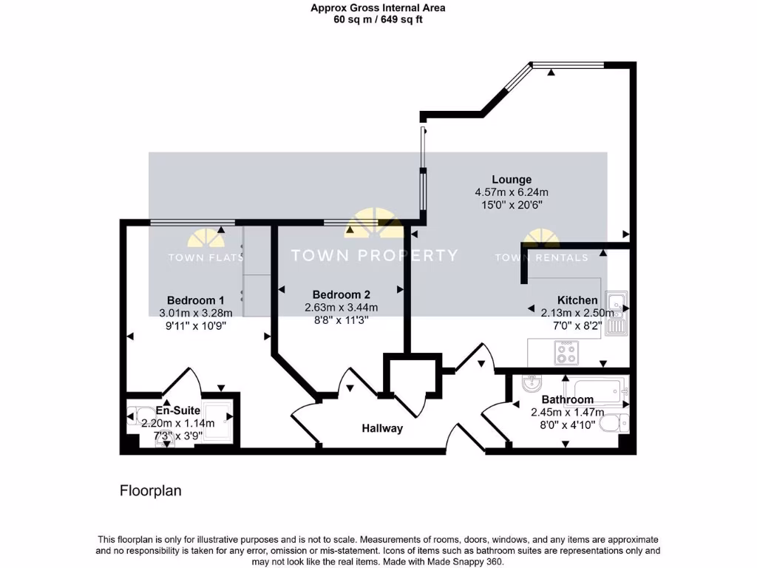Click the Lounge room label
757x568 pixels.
point(512,180)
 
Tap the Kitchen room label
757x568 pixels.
point(577,300)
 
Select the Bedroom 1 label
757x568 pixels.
point(195,300)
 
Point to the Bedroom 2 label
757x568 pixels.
point(341,294)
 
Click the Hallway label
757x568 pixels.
point(382,428)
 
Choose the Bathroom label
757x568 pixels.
point(567,399)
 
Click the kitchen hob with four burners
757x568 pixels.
point(567,353)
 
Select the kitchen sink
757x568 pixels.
point(615,314)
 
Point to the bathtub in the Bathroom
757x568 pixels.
point(596,387)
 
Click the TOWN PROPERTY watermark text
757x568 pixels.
point(374,256)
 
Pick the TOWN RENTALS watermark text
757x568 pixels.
point(541,258)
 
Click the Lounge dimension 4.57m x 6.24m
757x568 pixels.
point(512,192)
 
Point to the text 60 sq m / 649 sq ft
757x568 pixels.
point(378,20)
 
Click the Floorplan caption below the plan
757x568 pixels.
point(151,490)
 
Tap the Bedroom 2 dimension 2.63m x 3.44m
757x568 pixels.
point(341,308)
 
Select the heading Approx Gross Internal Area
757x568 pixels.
point(378,8)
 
